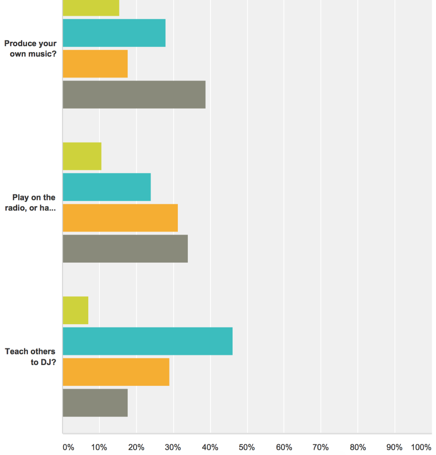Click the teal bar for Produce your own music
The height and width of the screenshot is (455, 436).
(x=114, y=33)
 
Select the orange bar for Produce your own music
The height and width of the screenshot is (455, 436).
(x=95, y=64)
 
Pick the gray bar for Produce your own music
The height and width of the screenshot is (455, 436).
(x=134, y=95)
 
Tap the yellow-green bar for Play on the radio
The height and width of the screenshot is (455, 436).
(x=82, y=156)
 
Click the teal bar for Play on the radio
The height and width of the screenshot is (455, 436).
(x=106, y=187)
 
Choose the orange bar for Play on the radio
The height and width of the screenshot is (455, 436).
(x=120, y=218)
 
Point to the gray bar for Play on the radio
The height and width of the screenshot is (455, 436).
(x=125, y=249)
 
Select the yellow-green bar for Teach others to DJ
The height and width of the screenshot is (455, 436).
(x=76, y=310)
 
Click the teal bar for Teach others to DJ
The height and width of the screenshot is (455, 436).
(x=147, y=341)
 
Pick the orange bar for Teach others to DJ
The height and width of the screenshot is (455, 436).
(x=116, y=372)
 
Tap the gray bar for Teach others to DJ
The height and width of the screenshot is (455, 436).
(x=95, y=403)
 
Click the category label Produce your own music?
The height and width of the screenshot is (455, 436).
(x=30, y=49)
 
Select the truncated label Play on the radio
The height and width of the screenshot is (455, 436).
(x=30, y=203)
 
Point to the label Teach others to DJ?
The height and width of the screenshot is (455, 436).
(x=30, y=357)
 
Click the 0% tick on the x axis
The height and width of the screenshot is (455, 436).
(x=68, y=447)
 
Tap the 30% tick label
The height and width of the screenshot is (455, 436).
(x=173, y=447)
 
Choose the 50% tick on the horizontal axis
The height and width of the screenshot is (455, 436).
(x=247, y=447)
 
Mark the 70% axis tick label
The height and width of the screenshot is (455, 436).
(x=321, y=447)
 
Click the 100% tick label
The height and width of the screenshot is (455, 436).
(x=421, y=447)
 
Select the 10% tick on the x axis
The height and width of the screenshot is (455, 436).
(x=99, y=447)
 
